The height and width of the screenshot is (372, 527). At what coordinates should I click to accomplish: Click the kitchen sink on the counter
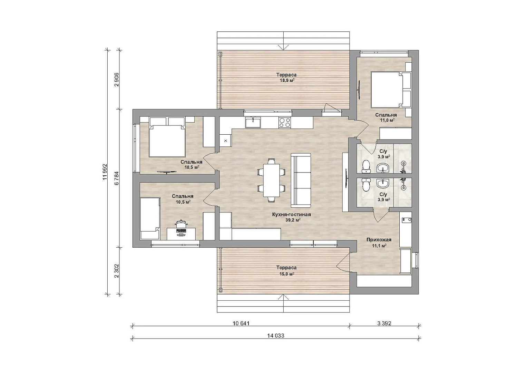coord(253,122)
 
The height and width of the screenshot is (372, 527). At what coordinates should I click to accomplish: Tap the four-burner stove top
coord(285,122)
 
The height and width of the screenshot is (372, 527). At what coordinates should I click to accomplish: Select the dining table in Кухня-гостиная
coord(272,180)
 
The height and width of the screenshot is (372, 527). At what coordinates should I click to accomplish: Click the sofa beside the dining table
coord(301,180)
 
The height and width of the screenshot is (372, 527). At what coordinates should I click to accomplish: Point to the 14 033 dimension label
coord(276,335)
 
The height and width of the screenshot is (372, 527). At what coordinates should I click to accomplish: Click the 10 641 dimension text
coord(241,323)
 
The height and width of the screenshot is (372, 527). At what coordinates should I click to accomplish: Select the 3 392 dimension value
coord(384,323)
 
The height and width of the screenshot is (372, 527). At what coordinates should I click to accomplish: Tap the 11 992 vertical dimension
coord(105,172)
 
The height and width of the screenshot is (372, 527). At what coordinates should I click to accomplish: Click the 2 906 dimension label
coord(117,80)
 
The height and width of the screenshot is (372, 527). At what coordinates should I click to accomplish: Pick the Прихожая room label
coord(379,240)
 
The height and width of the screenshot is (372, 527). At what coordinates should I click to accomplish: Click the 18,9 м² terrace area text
coord(286,80)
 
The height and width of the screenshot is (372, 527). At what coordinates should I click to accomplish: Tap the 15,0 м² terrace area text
coord(286,274)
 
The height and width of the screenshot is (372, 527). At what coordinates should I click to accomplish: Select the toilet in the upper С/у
coord(365,166)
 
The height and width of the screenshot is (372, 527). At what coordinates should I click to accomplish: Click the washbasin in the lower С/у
coord(383,184)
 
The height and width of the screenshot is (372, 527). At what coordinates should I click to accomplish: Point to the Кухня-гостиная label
coord(292,214)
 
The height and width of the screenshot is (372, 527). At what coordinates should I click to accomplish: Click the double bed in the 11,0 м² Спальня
coord(391,90)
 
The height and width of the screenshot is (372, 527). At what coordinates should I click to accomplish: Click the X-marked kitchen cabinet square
coord(226,141)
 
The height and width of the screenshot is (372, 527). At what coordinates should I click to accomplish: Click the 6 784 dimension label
coord(117,178)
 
